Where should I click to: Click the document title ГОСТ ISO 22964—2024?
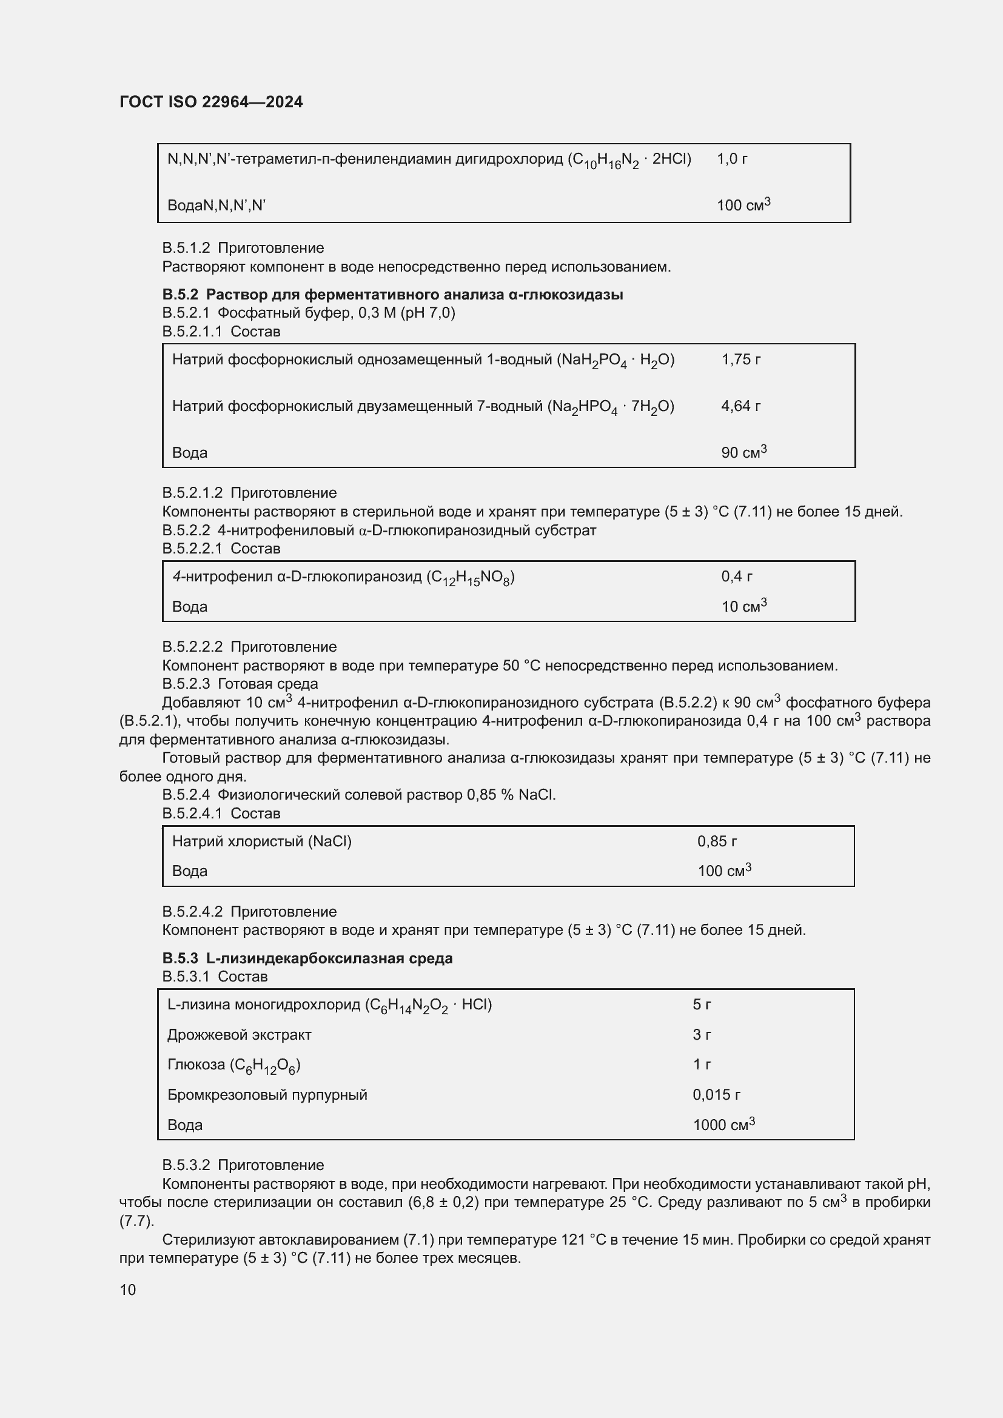click(x=211, y=102)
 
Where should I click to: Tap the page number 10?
click(x=128, y=1289)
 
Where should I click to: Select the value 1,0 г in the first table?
click(x=732, y=159)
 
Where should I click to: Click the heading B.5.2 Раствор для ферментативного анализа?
click(x=392, y=295)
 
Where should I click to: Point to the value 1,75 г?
click(x=740, y=360)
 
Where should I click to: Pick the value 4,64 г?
click(x=740, y=406)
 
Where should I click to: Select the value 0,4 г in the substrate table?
click(x=736, y=577)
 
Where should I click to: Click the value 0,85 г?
click(x=717, y=841)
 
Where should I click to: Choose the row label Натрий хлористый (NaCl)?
click(x=262, y=841)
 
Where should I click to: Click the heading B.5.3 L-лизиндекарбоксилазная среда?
click(x=307, y=958)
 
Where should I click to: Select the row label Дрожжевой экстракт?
click(x=239, y=1034)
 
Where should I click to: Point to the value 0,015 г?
click(x=716, y=1094)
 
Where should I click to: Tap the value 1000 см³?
click(x=723, y=1124)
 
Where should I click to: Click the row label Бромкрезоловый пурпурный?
click(x=267, y=1094)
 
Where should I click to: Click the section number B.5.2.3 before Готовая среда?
click(x=186, y=684)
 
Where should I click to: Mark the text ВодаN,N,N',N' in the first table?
click(x=216, y=206)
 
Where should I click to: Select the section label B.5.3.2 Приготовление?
click(x=243, y=1165)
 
